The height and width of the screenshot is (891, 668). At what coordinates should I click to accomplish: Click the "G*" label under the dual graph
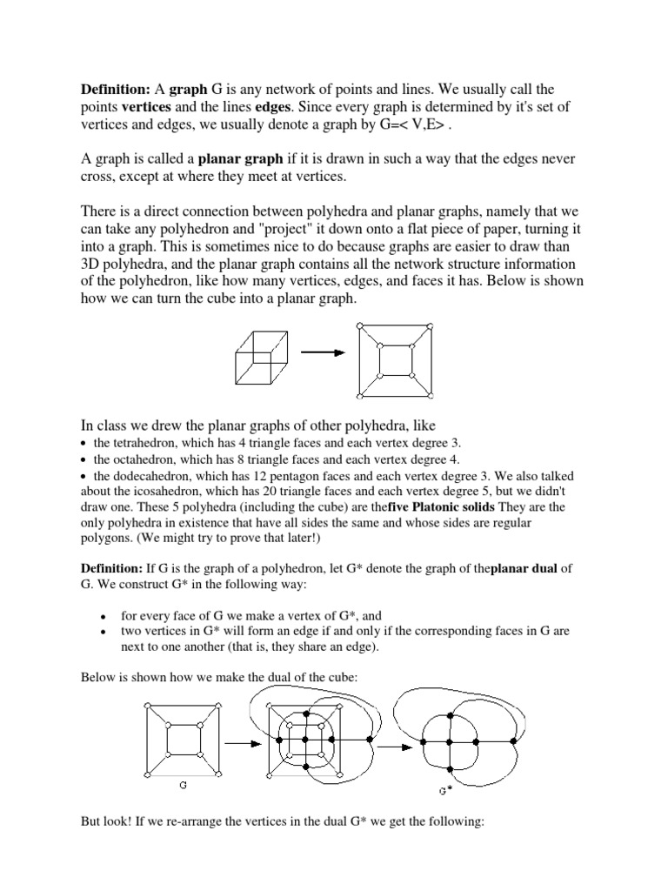click(x=445, y=791)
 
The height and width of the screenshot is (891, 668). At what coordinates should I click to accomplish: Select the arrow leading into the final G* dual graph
click(x=397, y=745)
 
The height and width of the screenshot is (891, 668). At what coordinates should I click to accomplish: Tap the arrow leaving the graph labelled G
click(x=245, y=745)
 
